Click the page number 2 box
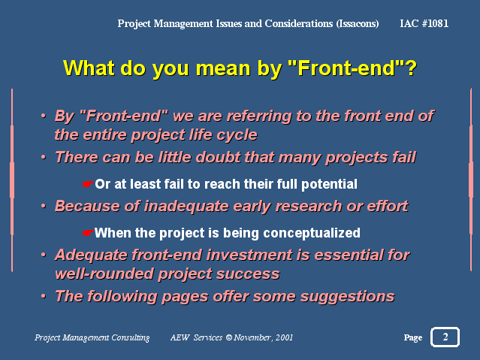coord(445,337)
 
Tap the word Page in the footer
coord(413,337)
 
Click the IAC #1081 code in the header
coord(424,23)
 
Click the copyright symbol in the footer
coord(229,337)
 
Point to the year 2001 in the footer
coord(284,337)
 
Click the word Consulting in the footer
coord(131,337)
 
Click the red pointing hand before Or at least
coord(88,184)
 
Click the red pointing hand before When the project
coord(88,233)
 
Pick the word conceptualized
coord(312,233)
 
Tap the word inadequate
coord(186,206)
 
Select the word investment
coord(249,255)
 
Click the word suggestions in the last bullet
coord(347,297)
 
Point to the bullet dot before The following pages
coord(44,296)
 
